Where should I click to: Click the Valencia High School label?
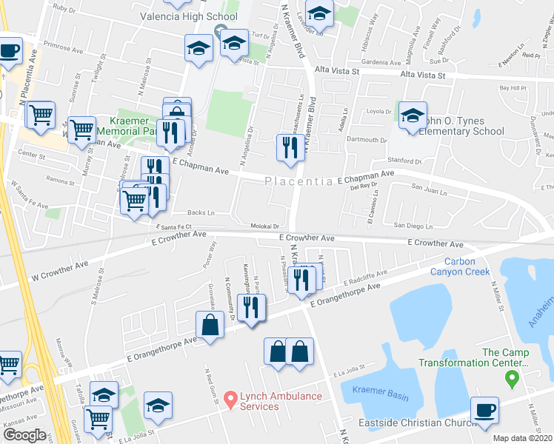click(189, 16)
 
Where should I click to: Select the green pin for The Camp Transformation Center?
click(510, 380)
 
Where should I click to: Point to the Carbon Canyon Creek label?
click(467, 266)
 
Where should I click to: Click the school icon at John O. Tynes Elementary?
click(413, 115)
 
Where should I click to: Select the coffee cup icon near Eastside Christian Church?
click(485, 411)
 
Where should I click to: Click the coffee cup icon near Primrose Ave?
click(10, 52)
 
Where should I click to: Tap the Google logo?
click(24, 434)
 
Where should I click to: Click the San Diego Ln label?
click(413, 225)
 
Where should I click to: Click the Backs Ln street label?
click(201, 212)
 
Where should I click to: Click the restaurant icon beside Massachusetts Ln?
click(287, 147)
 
